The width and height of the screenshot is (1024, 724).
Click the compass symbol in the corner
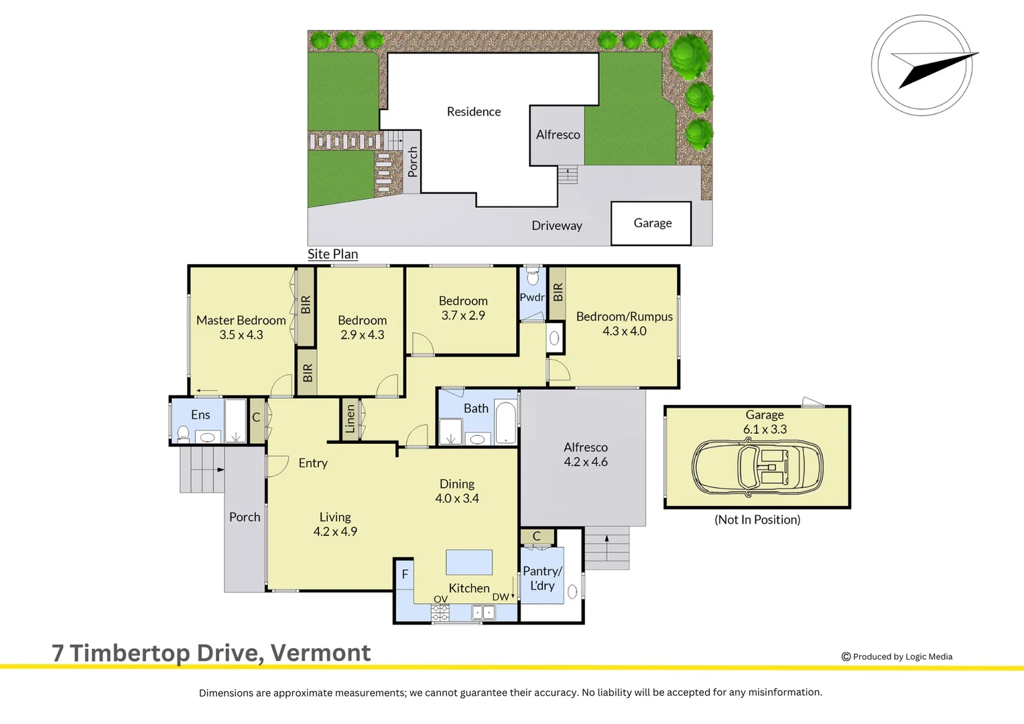pyautogui.click(x=923, y=66)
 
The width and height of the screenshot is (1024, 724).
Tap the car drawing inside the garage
pyautogui.click(x=757, y=467)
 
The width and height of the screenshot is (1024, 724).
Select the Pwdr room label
pyautogui.click(x=532, y=297)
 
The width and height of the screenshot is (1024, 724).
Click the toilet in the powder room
pyautogui.click(x=533, y=276)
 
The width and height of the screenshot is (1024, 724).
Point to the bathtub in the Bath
pyautogui.click(x=505, y=422)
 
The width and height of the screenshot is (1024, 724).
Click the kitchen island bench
pyautogui.click(x=469, y=562)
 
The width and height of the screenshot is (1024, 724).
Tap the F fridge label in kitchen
pyautogui.click(x=405, y=575)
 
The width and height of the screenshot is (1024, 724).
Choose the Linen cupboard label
pyautogui.click(x=350, y=418)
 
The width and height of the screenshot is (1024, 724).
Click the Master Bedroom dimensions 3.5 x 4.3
pyautogui.click(x=241, y=335)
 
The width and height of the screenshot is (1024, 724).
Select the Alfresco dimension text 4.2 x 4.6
pyautogui.click(x=586, y=462)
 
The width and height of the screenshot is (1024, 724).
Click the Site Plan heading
pyautogui.click(x=333, y=254)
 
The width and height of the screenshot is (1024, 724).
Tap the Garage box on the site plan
pyautogui.click(x=651, y=223)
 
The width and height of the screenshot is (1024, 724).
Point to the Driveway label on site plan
pyautogui.click(x=557, y=225)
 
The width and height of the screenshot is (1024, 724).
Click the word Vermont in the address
pyautogui.click(x=320, y=653)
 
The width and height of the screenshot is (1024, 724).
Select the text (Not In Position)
pyautogui.click(x=757, y=520)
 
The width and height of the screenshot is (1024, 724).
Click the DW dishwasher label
pyautogui.click(x=500, y=597)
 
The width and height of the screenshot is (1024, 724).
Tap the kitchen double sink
pyautogui.click(x=483, y=612)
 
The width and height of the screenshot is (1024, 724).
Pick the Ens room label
pyautogui.click(x=200, y=415)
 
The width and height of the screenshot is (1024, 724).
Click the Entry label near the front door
pyautogui.click(x=313, y=463)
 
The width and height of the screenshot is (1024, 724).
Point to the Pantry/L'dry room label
pyautogui.click(x=543, y=579)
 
